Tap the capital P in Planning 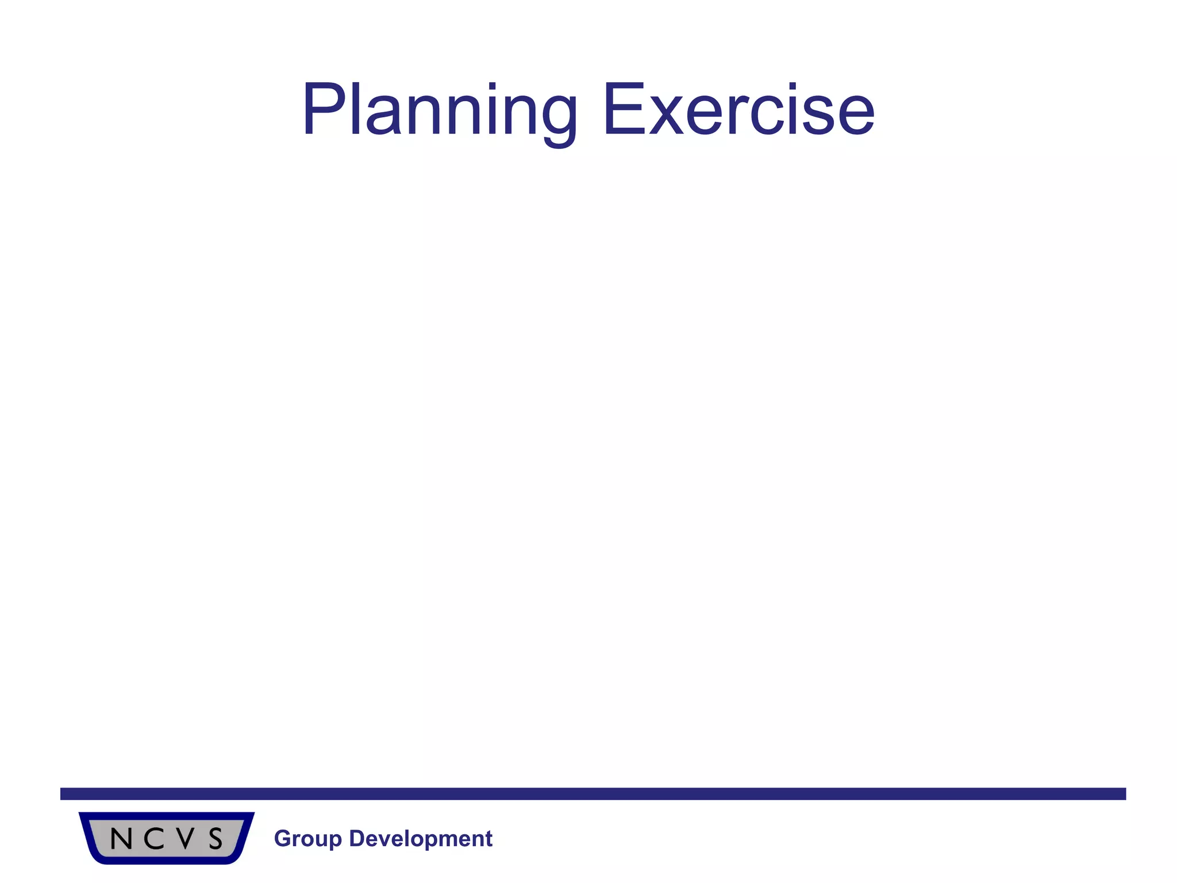(x=325, y=109)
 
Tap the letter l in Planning (x=355, y=109)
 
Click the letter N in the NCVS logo (x=121, y=839)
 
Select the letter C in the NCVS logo (x=154, y=839)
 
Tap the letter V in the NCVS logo (x=185, y=839)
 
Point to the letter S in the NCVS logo (x=216, y=839)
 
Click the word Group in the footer (x=307, y=839)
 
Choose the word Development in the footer (x=421, y=839)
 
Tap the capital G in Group (x=282, y=839)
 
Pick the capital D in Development (x=356, y=839)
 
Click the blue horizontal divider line (x=592, y=794)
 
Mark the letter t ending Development (x=489, y=839)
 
